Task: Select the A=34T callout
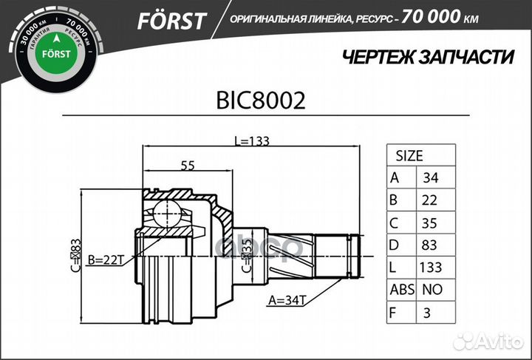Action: click(289, 301)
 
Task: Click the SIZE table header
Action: click(409, 156)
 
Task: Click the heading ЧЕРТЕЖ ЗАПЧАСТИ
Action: click(429, 58)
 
